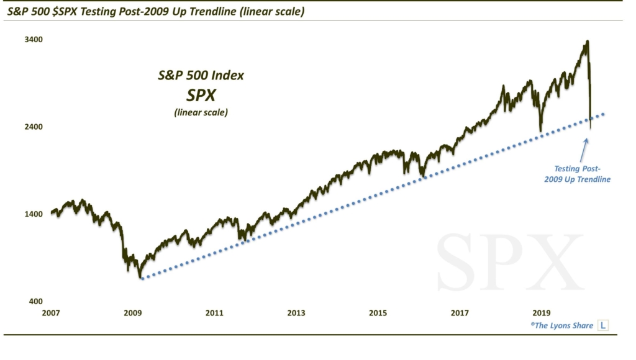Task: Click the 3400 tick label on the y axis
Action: pyautogui.click(x=33, y=40)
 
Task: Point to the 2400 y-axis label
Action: pyautogui.click(x=33, y=127)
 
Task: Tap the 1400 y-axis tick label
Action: pyautogui.click(x=33, y=214)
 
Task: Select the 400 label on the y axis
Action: pyautogui.click(x=35, y=301)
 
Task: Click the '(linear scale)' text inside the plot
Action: pyautogui.click(x=200, y=112)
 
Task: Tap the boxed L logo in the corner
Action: pyautogui.click(x=602, y=325)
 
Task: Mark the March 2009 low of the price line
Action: pyautogui.click(x=141, y=277)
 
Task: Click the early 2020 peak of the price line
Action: pyautogui.click(x=587, y=42)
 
